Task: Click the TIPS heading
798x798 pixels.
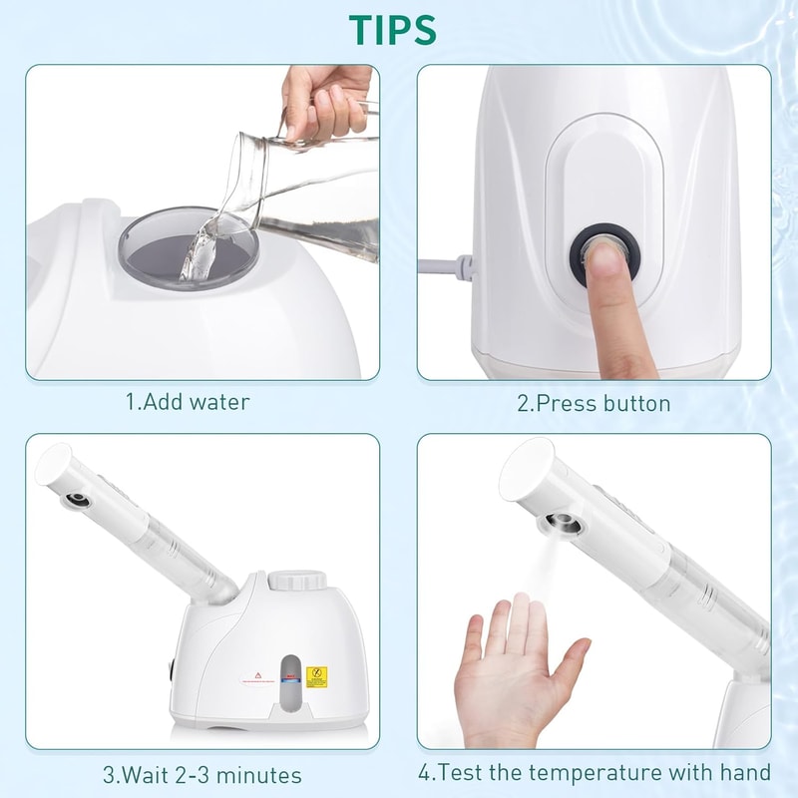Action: tap(392, 30)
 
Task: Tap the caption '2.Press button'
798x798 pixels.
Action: tap(594, 403)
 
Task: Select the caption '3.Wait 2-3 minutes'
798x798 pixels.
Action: tap(201, 774)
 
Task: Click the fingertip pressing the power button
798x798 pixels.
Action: tap(603, 261)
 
